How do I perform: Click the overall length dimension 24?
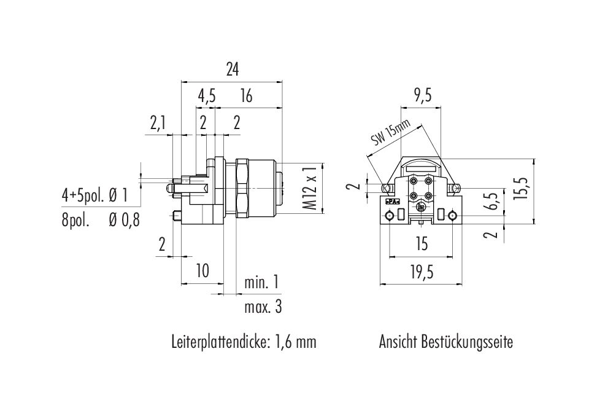pos(231,70)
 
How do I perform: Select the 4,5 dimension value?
pos(206,96)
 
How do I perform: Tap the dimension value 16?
pos(246,96)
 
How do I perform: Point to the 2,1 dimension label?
pos(158,124)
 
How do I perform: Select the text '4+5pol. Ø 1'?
pos(94,196)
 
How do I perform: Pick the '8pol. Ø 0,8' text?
pos(100,220)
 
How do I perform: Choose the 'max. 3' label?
pos(263,307)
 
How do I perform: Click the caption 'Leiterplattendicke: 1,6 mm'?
pos(244,342)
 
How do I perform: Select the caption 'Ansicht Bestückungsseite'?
pos(446,342)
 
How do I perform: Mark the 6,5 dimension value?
pos(488,201)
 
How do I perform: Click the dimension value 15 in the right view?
pos(420,245)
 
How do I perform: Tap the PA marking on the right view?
pos(390,201)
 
